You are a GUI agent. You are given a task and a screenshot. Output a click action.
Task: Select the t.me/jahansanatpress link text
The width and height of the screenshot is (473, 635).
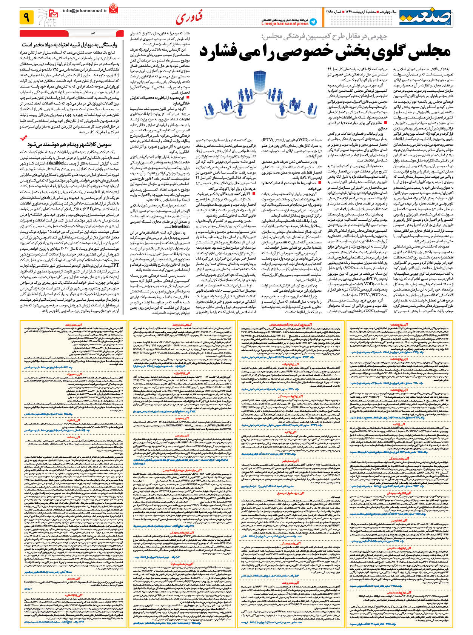point(285,23)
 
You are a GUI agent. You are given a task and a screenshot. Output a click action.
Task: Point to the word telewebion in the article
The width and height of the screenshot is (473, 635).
point(180,227)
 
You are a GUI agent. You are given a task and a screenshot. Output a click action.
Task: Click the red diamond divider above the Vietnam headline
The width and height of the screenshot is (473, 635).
point(23,137)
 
